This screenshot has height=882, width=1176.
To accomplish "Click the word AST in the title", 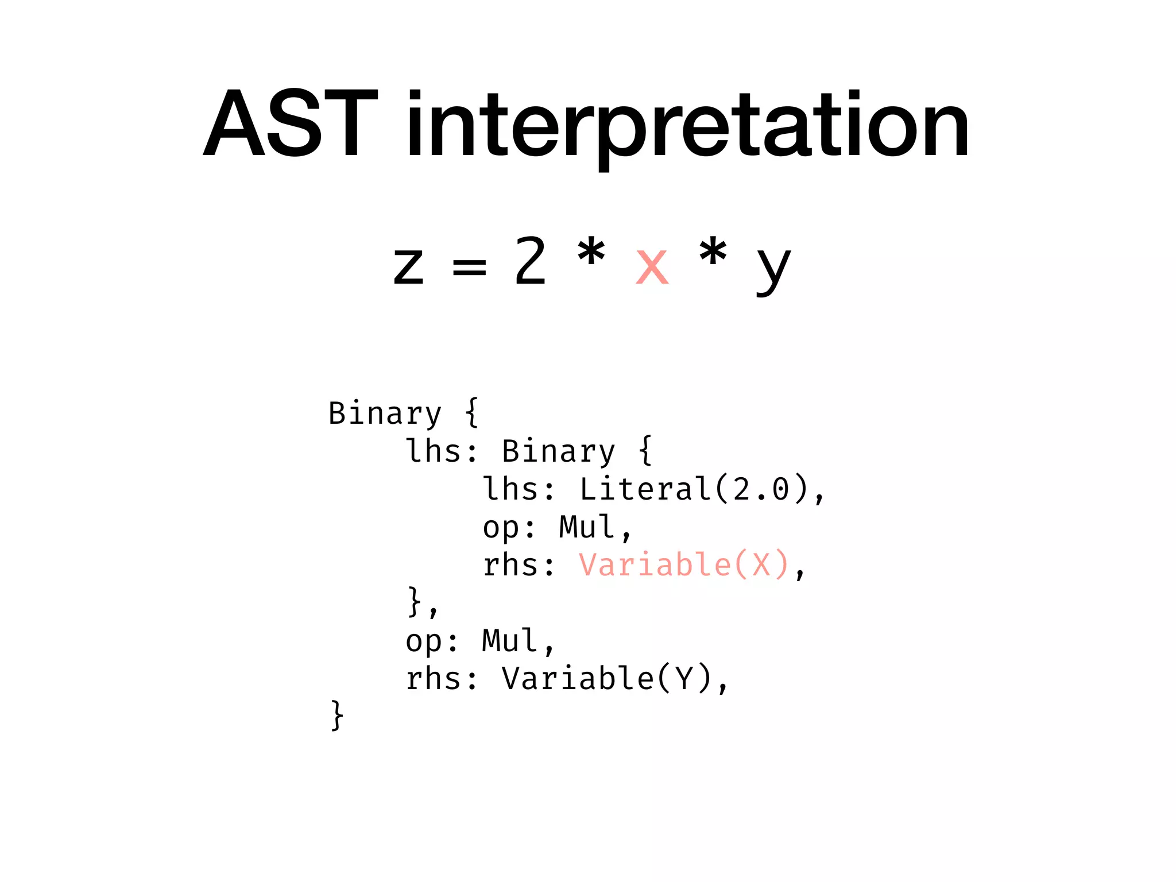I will click(291, 123).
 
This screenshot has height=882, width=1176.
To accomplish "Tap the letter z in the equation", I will click(408, 266).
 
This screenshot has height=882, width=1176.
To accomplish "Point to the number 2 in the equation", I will click(529, 261).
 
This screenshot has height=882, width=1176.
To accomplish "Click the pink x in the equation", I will click(652, 266).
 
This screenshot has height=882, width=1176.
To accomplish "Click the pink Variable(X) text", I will click(684, 565).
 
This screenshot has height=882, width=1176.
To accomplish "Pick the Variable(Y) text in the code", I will click(607, 679).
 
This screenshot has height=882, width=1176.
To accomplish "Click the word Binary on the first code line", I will click(385, 414).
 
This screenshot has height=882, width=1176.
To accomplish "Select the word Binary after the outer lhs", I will click(558, 451).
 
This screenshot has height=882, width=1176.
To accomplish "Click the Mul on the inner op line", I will click(587, 527).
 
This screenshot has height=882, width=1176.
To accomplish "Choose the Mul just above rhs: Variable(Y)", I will click(510, 640).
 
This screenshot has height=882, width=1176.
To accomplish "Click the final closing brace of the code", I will click(337, 715).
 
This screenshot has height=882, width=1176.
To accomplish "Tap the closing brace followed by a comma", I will click(416, 602).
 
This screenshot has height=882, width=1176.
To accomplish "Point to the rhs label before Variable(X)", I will click(510, 565).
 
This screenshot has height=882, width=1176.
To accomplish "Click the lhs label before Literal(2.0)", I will click(510, 489).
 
